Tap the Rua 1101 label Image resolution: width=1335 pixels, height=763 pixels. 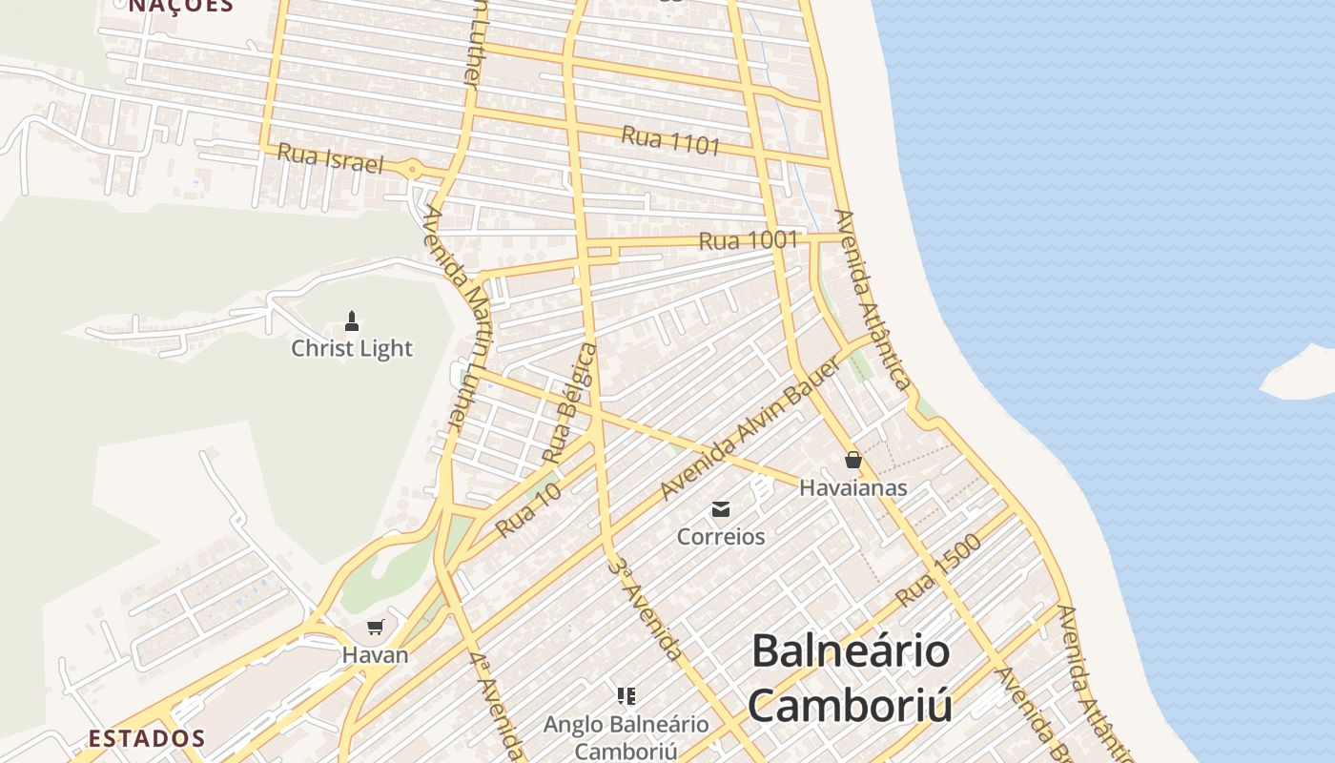tap(670, 140)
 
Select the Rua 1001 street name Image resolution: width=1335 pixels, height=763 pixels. tap(748, 240)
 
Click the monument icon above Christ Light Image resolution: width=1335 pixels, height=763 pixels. tap(352, 320)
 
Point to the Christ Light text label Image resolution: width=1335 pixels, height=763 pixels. tap(352, 348)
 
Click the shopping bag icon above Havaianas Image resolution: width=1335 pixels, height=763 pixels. tap(853, 460)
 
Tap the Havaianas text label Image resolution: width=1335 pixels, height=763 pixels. tap(853, 487)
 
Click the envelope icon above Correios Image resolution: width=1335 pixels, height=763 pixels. tap(721, 508)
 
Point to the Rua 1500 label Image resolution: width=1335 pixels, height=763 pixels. tap(938, 569)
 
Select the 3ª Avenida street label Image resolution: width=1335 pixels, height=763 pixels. tap(646, 608)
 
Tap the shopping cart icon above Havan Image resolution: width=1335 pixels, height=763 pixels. tap(376, 627)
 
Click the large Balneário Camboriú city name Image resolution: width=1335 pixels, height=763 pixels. tap(851, 678)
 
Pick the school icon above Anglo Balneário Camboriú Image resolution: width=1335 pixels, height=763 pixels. tap(626, 696)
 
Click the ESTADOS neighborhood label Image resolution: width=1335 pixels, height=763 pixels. tap(147, 738)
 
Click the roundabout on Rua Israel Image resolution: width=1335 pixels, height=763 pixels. tap(413, 169)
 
